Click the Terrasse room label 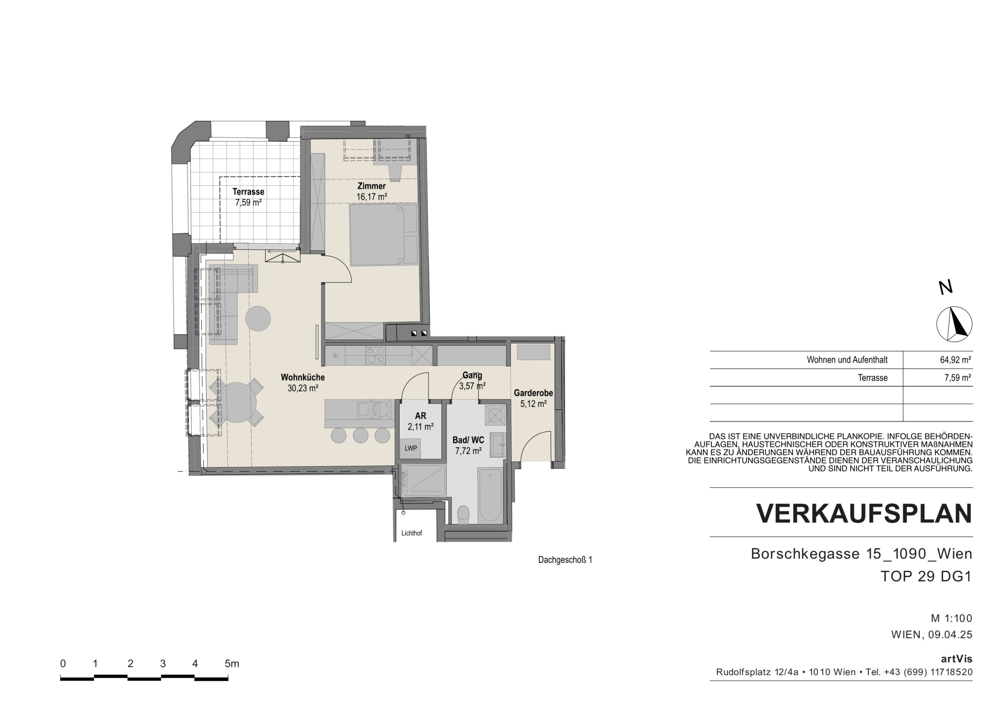point(248,192)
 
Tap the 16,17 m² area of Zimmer point(372,197)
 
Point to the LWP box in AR point(410,448)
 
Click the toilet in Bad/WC point(463,514)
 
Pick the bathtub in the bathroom point(491,495)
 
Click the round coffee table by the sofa point(258,318)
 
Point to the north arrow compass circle point(954,324)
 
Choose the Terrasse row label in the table point(873,378)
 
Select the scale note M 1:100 point(951,618)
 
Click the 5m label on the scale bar point(232,664)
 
